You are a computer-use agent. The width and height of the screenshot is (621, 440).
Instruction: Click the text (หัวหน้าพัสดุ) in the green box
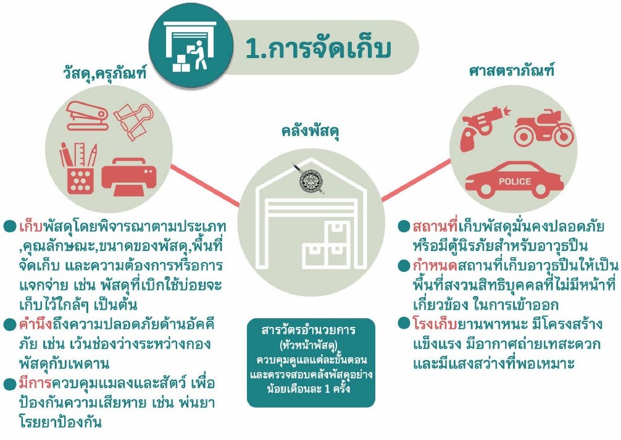[310, 344]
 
